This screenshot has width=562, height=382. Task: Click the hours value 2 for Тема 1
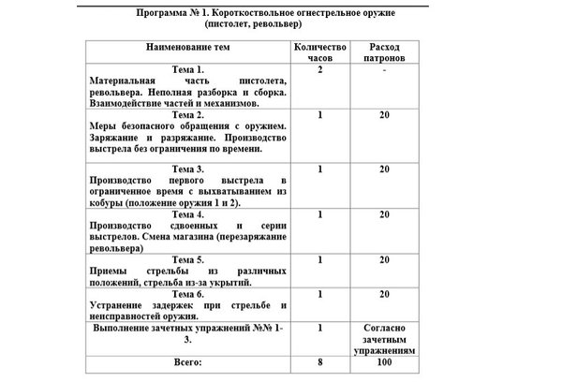[320, 70]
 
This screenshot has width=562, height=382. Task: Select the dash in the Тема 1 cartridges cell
[385, 70]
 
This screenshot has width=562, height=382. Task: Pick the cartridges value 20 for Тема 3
[385, 169]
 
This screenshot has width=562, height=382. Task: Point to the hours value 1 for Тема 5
[320, 258]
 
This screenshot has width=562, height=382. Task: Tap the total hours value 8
[320, 360]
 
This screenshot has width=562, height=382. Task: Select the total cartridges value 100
[385, 360]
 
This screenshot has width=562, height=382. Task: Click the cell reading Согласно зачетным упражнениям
[385, 337]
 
